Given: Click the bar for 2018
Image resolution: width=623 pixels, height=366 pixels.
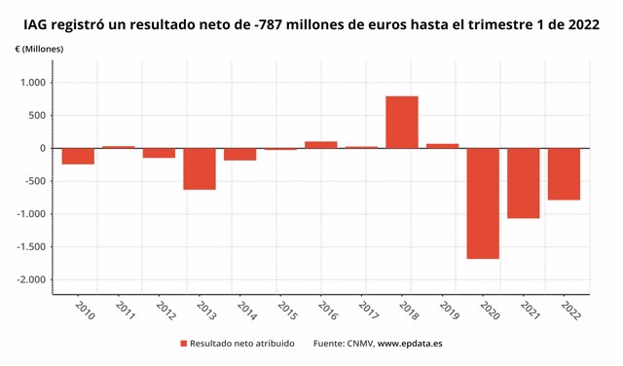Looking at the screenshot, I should (x=402, y=123).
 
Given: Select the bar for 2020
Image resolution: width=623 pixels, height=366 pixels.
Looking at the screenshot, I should (x=483, y=203).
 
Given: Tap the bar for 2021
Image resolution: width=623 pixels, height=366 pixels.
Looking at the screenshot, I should (x=524, y=183).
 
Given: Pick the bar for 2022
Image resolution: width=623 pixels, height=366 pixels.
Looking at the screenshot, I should (x=564, y=174).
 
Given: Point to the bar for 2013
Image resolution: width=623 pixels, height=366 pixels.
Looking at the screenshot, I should (x=200, y=168).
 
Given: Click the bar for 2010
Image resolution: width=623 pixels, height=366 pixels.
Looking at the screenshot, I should (x=78, y=157).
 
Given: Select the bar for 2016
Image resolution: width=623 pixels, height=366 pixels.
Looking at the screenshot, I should (x=321, y=145).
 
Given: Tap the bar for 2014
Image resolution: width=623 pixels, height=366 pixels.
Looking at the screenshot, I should (x=239, y=154).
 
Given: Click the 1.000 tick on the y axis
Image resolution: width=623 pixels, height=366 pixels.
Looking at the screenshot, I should (x=33, y=83).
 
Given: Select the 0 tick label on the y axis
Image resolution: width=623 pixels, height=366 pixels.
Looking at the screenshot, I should (x=43, y=148).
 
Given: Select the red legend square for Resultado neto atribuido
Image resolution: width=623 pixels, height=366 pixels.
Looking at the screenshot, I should (x=183, y=344).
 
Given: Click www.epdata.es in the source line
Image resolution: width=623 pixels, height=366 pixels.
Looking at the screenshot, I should (x=410, y=344).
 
